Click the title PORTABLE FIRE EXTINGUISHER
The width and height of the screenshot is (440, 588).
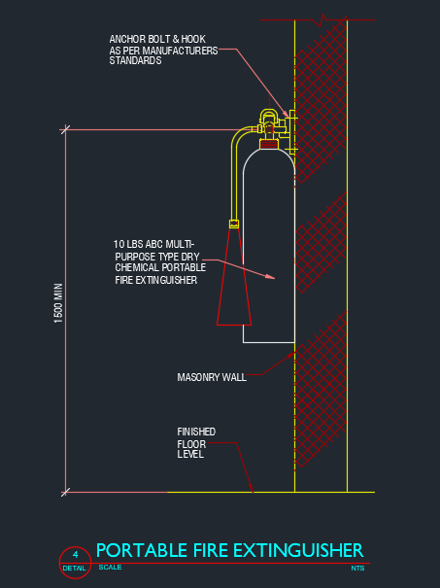[x=230, y=550]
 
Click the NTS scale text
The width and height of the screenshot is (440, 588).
[x=357, y=569]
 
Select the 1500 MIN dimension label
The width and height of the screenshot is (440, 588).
[x=58, y=303]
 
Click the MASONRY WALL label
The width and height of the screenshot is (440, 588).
[x=212, y=377]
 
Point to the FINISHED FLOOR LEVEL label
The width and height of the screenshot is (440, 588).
[x=196, y=443]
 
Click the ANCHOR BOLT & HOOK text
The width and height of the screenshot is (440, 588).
[x=157, y=39]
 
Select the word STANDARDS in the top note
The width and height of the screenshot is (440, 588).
[x=135, y=61]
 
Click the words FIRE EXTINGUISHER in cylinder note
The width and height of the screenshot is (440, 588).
[x=156, y=280]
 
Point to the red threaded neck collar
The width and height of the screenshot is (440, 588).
[x=269, y=144]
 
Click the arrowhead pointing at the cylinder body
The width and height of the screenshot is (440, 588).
[x=270, y=277]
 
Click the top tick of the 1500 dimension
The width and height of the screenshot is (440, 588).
[x=65, y=130]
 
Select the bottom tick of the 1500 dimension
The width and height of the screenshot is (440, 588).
[x=65, y=492]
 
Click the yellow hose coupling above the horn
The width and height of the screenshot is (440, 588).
[x=234, y=224]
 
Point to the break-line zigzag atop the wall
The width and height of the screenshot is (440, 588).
[x=322, y=19]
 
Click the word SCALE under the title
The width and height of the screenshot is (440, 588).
[x=110, y=568]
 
